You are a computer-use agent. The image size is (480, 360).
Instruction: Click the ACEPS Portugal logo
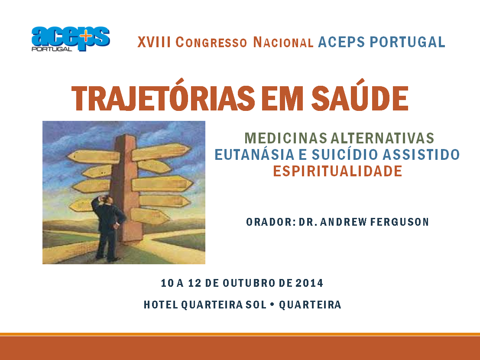70,39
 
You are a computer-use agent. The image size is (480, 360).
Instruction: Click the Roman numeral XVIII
154,42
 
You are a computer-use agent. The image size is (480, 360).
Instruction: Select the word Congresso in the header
211,42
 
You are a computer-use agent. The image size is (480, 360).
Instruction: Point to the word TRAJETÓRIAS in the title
163,99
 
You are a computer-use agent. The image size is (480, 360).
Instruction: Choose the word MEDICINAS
285,138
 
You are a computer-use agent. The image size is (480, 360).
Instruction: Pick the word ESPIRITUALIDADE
337,171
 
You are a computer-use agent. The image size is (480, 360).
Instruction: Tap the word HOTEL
160,305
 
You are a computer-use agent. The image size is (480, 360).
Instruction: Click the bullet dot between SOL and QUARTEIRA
272,305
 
